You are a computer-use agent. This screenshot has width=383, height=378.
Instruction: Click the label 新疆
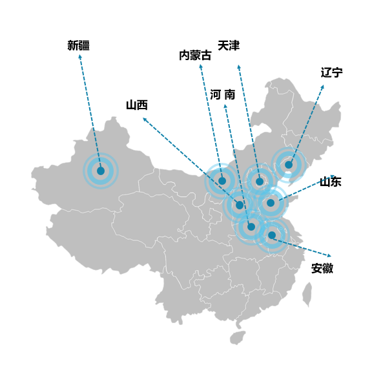[78, 46]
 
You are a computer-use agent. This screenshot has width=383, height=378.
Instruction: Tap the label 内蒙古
[195, 56]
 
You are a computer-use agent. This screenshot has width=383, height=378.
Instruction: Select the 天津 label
[229, 46]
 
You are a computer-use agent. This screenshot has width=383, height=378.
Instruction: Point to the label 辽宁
[331, 72]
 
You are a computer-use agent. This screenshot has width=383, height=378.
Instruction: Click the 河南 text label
[223, 94]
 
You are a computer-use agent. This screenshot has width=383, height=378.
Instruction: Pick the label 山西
[137, 105]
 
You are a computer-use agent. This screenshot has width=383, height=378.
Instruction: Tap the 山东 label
[331, 182]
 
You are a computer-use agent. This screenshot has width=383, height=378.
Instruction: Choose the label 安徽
[322, 268]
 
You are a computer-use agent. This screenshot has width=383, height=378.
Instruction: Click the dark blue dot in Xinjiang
[101, 171]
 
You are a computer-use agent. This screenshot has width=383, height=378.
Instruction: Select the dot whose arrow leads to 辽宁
[289, 165]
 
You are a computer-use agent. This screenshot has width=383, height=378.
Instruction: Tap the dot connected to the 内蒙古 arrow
[222, 181]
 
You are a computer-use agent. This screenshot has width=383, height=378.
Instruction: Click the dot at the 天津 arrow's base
[260, 182]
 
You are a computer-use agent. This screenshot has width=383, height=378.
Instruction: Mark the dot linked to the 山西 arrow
[240, 205]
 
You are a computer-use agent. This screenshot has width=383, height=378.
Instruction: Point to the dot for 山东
[271, 203]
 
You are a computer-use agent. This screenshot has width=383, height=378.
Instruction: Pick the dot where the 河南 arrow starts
[251, 227]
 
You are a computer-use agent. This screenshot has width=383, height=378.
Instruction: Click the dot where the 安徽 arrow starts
[272, 235]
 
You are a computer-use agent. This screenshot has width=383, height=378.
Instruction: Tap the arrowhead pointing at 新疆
[80, 56]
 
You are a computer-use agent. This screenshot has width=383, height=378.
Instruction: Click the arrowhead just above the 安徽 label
[329, 256]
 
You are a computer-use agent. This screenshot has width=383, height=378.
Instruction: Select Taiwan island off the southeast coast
[307, 294]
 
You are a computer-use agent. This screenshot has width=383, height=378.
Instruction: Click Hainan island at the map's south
[238, 338]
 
